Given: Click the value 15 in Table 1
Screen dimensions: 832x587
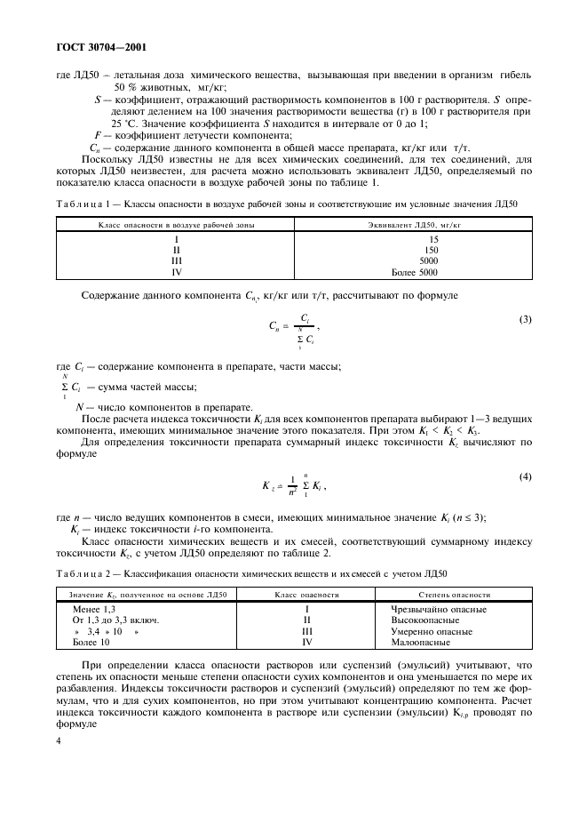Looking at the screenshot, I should pos(433,240).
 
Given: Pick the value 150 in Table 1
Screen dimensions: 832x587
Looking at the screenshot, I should pos(432,251).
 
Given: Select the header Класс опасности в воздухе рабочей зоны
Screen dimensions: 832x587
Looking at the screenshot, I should pos(177,226).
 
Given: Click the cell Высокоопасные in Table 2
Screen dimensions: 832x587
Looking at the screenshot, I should pos(424,620).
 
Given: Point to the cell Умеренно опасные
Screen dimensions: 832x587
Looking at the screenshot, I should pos(431,630).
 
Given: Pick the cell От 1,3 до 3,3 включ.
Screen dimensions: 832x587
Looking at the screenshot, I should pos(115,620).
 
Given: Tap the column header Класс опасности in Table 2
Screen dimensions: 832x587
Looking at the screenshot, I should pos(306,594).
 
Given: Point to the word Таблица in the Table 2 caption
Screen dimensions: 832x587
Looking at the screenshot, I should pos(81,574).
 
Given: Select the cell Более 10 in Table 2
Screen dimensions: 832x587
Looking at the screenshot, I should pos(92,641).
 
